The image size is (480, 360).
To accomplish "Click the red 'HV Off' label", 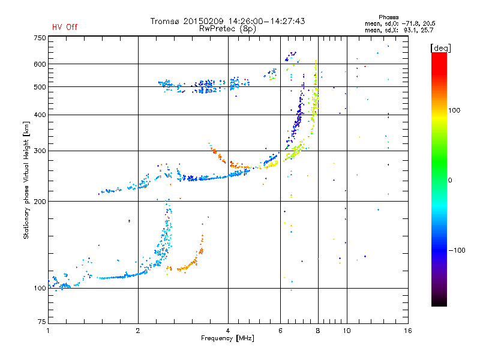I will [64, 27].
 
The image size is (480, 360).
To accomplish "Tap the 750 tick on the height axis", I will [39, 38].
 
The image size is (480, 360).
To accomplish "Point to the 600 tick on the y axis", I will [39, 64].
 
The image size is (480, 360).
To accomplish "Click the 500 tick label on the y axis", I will [39, 87].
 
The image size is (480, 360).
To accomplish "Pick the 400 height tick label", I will [39, 115].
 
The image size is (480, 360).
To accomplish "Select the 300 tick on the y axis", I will [39, 151].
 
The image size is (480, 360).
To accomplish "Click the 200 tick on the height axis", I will [39, 202].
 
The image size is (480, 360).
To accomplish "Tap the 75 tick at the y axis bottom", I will [41, 322].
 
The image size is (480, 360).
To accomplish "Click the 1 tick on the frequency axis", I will [48, 331].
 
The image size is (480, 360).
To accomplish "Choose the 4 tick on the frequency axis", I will [228, 331].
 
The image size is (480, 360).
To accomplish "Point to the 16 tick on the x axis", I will [407, 331].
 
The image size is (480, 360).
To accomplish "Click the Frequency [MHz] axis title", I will [227, 339].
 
